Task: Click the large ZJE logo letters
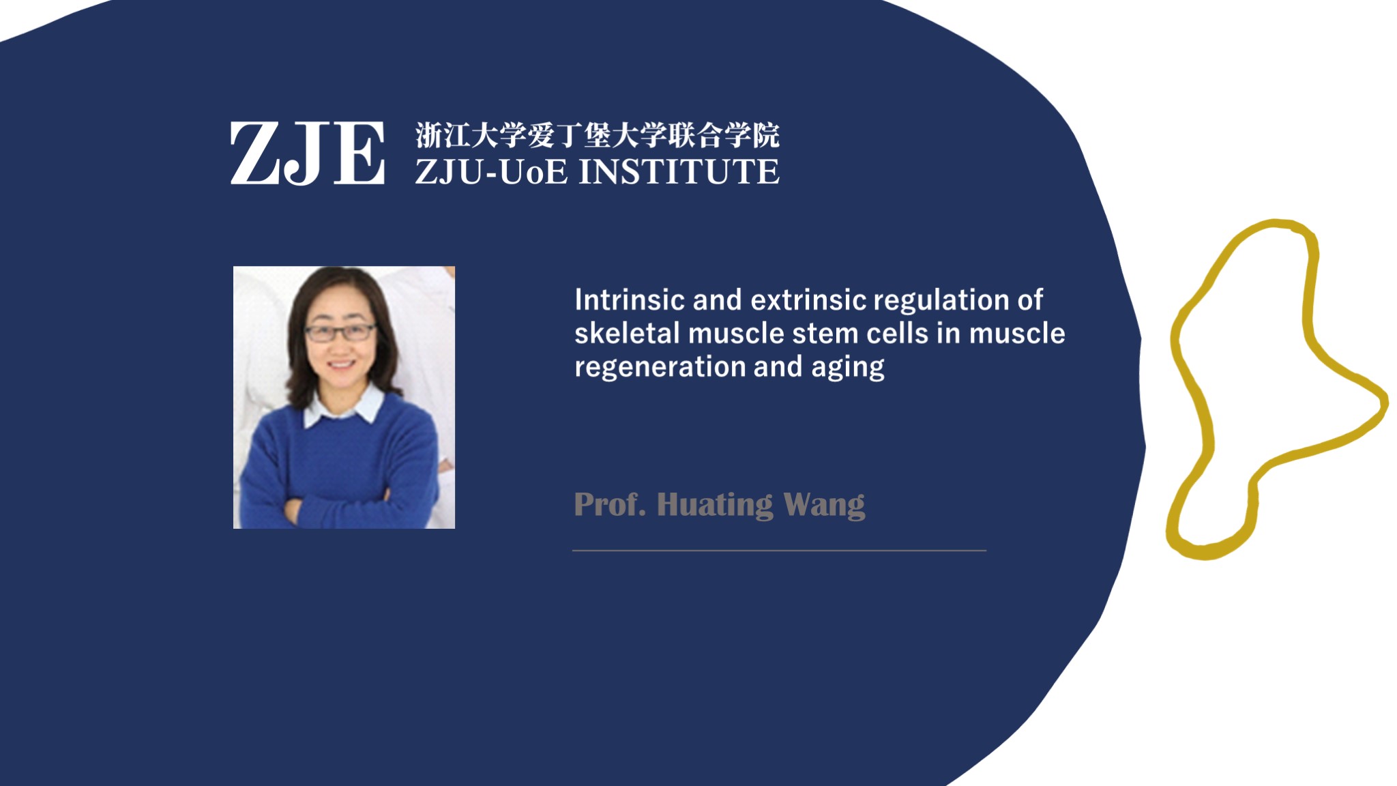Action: [x=307, y=153]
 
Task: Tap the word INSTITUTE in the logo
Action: [x=679, y=171]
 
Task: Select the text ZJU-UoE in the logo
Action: [x=491, y=171]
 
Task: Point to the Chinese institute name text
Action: [x=598, y=135]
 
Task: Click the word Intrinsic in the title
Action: [x=629, y=300]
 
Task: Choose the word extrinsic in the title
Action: [x=808, y=300]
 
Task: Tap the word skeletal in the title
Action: [x=627, y=334]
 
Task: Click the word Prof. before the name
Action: [x=610, y=505]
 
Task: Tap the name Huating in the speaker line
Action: [x=715, y=506]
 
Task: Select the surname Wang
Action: [x=825, y=506]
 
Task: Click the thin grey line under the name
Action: [x=779, y=550]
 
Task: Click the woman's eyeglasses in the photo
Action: [x=340, y=332]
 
